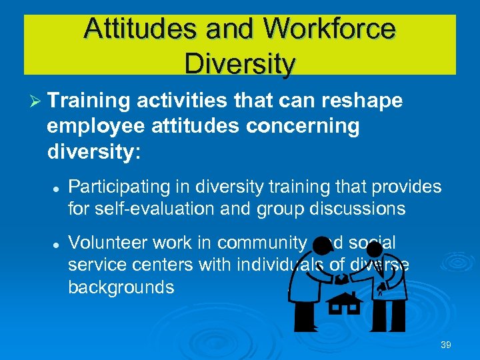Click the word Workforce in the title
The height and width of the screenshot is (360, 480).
[330, 30]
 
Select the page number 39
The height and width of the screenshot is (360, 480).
[446, 345]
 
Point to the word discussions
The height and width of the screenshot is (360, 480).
[354, 209]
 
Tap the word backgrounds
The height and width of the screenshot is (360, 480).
[121, 287]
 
